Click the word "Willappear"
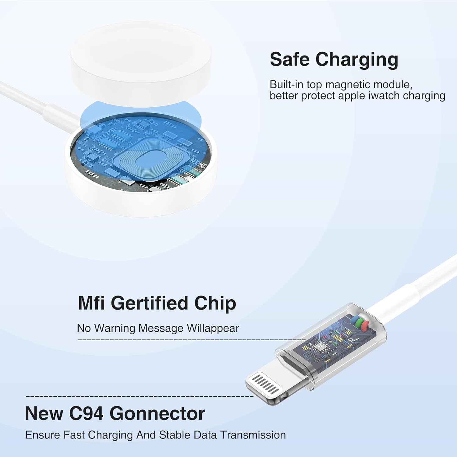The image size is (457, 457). (x=213, y=328)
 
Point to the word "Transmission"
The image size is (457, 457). (x=253, y=435)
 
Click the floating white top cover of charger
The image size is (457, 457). (x=140, y=64)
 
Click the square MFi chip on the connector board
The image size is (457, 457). (x=320, y=347)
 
